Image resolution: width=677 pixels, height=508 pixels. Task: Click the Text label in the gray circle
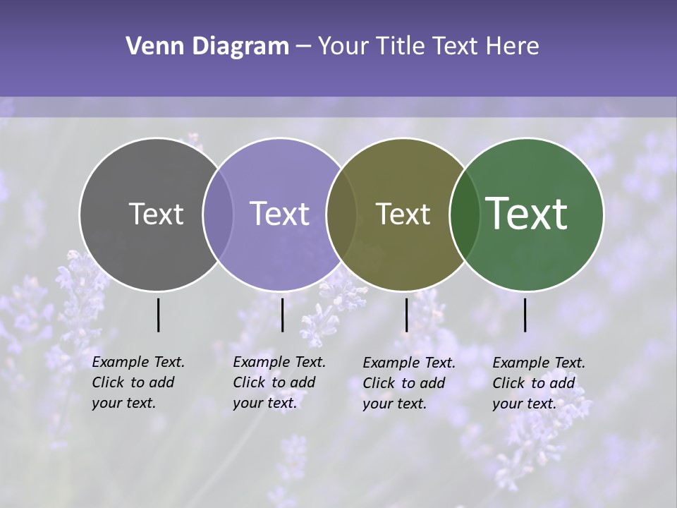pyautogui.click(x=156, y=214)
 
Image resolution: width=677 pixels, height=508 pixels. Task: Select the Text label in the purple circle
pyautogui.click(x=279, y=214)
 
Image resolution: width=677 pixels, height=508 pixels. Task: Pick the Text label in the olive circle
pyautogui.click(x=403, y=214)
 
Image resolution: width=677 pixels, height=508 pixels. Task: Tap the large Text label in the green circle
pyautogui.click(x=527, y=214)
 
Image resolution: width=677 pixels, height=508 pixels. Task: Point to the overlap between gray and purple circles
pyautogui.click(x=218, y=214)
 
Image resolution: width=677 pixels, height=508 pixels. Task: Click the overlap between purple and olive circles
pyautogui.click(x=341, y=214)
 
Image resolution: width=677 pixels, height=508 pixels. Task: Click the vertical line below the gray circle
pyautogui.click(x=159, y=315)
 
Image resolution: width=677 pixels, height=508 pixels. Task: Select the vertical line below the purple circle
pyautogui.click(x=282, y=315)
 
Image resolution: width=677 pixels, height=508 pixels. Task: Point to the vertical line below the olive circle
pyautogui.click(x=406, y=315)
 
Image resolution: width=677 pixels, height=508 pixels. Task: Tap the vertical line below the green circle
pyautogui.click(x=525, y=315)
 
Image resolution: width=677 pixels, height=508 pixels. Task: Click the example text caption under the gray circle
pyautogui.click(x=138, y=382)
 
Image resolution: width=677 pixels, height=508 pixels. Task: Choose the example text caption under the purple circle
pyautogui.click(x=279, y=382)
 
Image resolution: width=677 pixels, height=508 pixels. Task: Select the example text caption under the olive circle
pyautogui.click(x=409, y=383)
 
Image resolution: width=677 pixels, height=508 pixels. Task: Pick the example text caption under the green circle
pyautogui.click(x=539, y=383)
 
